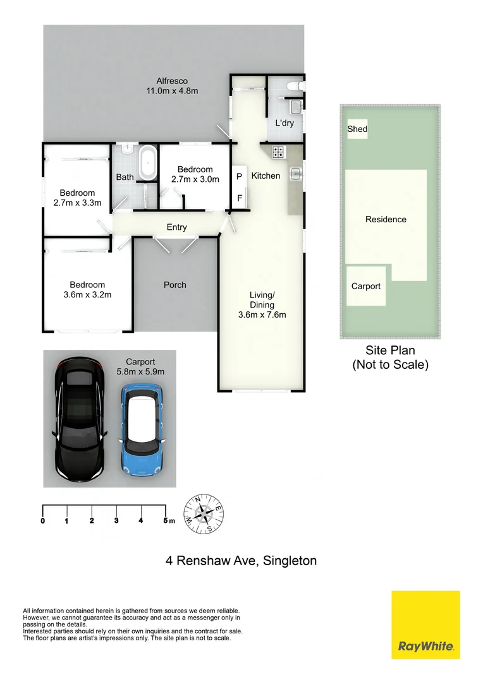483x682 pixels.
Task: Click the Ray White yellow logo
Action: coord(425,625)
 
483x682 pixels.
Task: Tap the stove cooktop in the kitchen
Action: coord(278,152)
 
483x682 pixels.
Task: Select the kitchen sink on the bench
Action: coord(295,172)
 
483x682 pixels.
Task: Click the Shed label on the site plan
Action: coord(357,129)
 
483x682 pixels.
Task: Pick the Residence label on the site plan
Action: coord(386,220)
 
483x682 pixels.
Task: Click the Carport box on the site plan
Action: coord(366,286)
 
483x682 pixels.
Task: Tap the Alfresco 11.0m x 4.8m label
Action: coord(173,86)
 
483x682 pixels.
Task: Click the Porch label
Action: coord(175,285)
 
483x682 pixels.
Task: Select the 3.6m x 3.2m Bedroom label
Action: coord(87,289)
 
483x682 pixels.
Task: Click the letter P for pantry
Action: coord(239,177)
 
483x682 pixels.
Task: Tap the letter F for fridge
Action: coord(239,198)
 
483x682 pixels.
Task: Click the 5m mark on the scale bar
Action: coord(166,521)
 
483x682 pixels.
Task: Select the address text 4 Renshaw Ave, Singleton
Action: coord(241,560)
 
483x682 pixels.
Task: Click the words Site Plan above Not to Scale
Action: coord(390,350)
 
